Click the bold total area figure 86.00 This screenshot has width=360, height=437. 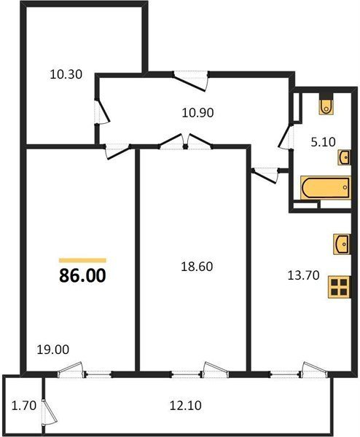pyautogui.click(x=82, y=275)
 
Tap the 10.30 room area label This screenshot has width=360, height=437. pyautogui.click(x=66, y=74)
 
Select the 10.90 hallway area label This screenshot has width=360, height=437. pyautogui.click(x=197, y=113)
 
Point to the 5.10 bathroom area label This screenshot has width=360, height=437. pyautogui.click(x=323, y=142)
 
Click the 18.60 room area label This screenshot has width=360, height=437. pyautogui.click(x=197, y=267)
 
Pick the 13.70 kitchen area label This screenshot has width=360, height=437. pyautogui.click(x=303, y=275)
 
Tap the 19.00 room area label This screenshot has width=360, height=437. pyautogui.click(x=53, y=349)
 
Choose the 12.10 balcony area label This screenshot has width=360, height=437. pyautogui.click(x=185, y=405)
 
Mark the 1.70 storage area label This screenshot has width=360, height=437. pyautogui.click(x=24, y=405)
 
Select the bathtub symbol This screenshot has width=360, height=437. pyautogui.click(x=326, y=188)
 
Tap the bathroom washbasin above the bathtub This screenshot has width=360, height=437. pyautogui.click(x=344, y=157)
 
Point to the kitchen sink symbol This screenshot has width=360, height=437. pyautogui.click(x=342, y=244)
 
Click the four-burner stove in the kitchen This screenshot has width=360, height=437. pyautogui.click(x=339, y=287)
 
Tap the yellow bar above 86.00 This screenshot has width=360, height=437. pyautogui.click(x=82, y=261)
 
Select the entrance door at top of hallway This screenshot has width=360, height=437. pyautogui.click(x=191, y=81)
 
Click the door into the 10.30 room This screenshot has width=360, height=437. pyautogui.click(x=102, y=111)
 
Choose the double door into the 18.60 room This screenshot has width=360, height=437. pyautogui.click(x=185, y=141)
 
